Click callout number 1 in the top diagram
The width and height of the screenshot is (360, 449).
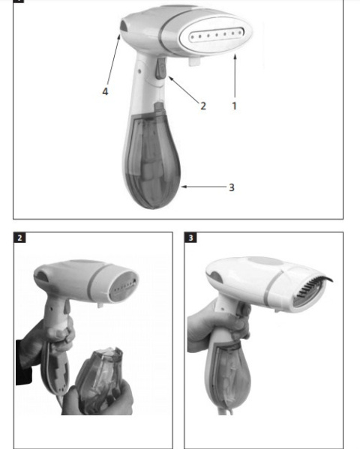coord(234,106)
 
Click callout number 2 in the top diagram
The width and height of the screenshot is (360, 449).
coord(203,106)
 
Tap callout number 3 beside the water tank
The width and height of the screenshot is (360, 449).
coord(232,187)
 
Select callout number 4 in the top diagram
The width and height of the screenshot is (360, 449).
coord(105,91)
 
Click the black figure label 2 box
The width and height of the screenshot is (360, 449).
coord(19,238)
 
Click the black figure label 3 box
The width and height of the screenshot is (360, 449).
coord(190,238)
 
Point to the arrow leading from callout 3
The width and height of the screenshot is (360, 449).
coord(204,187)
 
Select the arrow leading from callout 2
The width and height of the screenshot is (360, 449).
coord(184,89)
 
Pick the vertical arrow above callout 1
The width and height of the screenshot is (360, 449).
coord(235,76)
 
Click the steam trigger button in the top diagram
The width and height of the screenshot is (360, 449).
coord(160,68)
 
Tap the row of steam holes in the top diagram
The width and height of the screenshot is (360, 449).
coord(217,34)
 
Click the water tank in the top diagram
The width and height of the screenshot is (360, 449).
coord(153,160)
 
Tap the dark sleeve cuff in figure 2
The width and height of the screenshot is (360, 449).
coord(24,362)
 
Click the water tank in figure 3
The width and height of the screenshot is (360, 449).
coord(229,375)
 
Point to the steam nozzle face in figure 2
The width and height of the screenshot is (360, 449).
coord(124,286)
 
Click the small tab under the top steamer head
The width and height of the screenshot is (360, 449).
coord(195,61)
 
